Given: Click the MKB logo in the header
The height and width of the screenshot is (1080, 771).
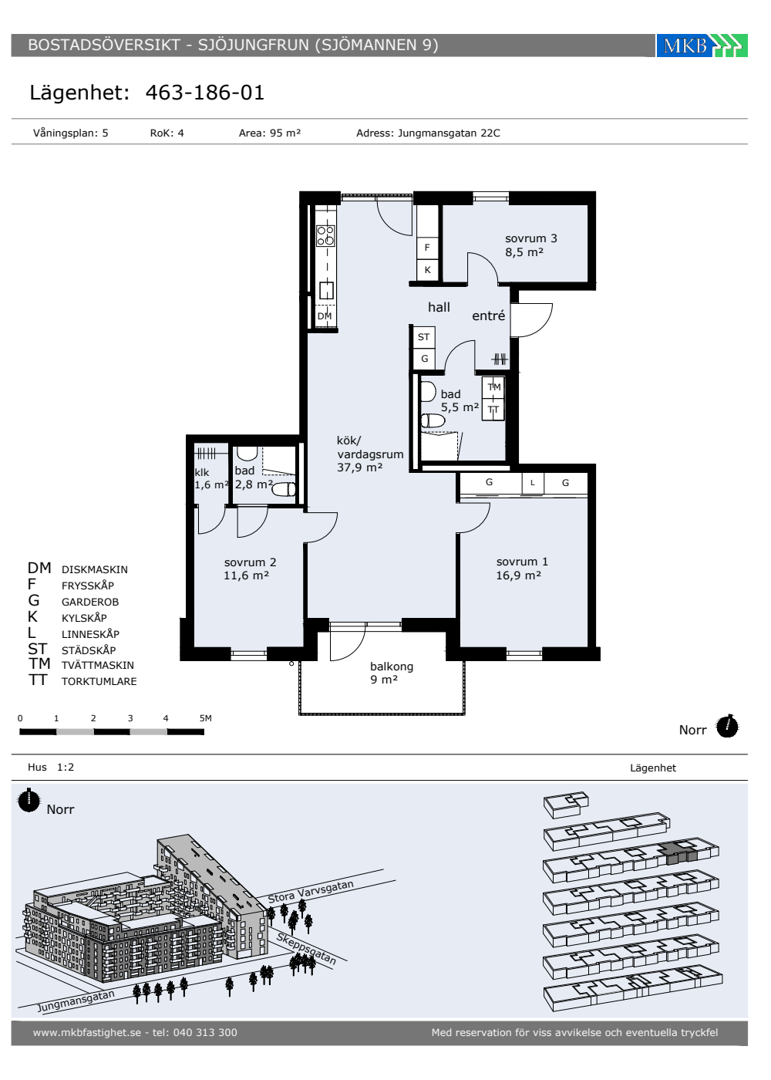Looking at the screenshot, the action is (x=702, y=46).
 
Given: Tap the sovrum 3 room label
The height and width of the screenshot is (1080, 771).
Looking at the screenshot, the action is (x=530, y=245).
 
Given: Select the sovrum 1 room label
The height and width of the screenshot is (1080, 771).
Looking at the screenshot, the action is (x=522, y=568).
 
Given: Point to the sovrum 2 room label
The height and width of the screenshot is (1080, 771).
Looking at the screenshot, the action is (x=250, y=569).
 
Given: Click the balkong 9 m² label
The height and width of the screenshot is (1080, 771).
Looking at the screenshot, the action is (x=392, y=673).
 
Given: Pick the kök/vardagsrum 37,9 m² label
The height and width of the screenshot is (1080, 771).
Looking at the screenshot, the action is (x=369, y=454).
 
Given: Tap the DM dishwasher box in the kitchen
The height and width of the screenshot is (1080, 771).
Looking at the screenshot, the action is (x=325, y=316).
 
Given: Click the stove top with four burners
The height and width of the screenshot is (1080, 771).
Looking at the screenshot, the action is (x=325, y=235).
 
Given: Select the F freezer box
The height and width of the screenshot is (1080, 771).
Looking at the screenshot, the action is (x=427, y=248).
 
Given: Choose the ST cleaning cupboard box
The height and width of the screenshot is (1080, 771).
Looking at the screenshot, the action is (x=424, y=336).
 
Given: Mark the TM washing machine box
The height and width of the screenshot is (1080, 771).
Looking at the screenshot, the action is (x=493, y=386).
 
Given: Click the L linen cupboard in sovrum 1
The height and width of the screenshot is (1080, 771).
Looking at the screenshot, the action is (x=533, y=482).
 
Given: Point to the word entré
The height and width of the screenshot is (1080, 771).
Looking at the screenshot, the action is (x=488, y=316).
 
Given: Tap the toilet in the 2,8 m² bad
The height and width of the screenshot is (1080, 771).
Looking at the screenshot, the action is (x=284, y=490).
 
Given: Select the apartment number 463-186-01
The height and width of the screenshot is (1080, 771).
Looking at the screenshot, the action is (x=205, y=92).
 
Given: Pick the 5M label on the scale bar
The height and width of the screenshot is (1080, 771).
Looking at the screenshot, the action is (x=206, y=718).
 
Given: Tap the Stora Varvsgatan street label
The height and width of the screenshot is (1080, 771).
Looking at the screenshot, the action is (x=311, y=892).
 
